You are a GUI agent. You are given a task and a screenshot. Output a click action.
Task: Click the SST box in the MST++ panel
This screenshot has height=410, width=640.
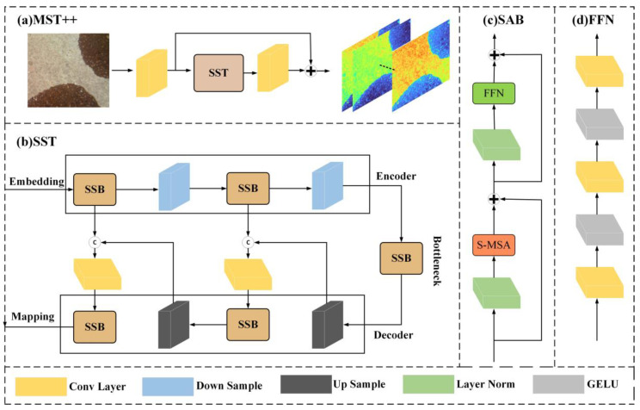coord(218,72)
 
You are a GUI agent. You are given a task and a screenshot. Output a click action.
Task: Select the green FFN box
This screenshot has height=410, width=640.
coord(494,93)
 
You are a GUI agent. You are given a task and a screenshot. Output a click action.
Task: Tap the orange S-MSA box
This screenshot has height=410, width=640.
coord(494,245)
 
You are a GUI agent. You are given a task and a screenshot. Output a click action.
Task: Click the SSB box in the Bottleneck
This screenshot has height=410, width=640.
coord(401,258)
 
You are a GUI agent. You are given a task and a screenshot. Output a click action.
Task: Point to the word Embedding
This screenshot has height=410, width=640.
coord(37,181)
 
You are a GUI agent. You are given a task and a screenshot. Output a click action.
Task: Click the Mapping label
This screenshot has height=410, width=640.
coord(33,316)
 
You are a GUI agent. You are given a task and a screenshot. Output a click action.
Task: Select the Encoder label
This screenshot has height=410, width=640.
coord(396,177)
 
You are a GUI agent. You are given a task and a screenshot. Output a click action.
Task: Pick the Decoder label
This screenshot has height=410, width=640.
coord(393,335)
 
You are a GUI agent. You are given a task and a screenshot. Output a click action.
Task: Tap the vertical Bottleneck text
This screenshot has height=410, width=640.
coord(437,261)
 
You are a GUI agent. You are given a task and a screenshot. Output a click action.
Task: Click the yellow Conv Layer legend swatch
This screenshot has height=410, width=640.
coord(40,386)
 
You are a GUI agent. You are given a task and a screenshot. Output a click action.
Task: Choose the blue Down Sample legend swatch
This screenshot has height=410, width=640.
coord(168,386)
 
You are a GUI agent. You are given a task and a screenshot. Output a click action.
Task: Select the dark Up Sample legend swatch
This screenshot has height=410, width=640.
coord(306,384)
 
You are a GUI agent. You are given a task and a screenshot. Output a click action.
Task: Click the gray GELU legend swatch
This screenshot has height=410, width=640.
coord(558,384)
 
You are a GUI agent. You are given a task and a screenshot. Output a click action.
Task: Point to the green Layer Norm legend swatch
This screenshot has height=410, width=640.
coord(428,384)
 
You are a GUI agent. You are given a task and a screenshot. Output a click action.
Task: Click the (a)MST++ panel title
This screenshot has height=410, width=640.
coord(47,20)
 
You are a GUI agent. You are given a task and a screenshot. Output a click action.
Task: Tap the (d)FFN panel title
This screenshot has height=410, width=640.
coord(593,20)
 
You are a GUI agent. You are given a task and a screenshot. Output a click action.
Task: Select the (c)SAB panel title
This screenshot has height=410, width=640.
coord(503,20)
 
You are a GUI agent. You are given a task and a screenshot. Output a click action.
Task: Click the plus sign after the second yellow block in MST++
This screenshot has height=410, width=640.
coord(311,71)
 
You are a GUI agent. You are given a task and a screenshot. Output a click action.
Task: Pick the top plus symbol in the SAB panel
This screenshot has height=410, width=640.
coord(495,54)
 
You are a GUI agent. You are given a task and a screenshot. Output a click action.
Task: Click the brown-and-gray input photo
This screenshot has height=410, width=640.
coord(68,71)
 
